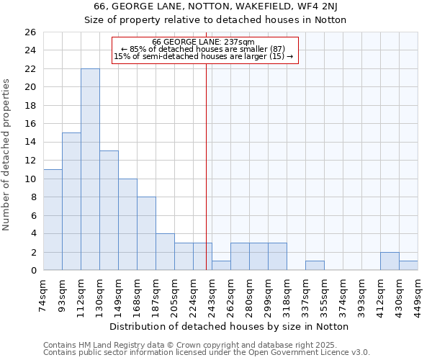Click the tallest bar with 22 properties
pos(90,169)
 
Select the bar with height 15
pos(71,202)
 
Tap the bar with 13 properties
pos(109,210)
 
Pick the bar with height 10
pos(127,224)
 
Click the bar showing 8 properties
pos(146,233)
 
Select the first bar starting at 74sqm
pos(53,220)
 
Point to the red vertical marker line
pos(207,166)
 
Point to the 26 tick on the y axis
pos(30,32)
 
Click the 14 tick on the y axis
pos(30,143)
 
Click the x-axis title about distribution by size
pos(230,326)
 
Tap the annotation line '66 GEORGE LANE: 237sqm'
pos(204,42)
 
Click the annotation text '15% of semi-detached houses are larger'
pos(204,56)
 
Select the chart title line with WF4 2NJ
pos(215,6)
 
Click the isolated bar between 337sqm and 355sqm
pos(315,265)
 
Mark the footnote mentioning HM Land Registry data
pos(205,345)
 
